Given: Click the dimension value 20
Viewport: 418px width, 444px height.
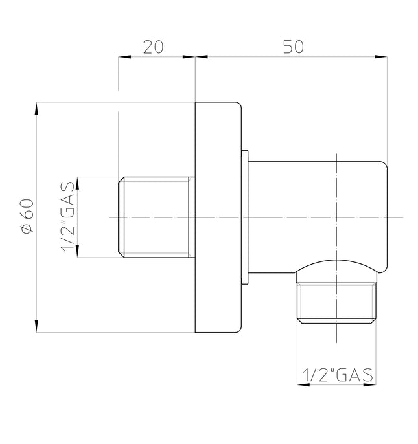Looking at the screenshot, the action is [x=153, y=47].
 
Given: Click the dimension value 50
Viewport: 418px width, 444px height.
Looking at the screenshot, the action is [x=293, y=47].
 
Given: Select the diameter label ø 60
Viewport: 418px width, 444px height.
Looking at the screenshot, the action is [x=27, y=216].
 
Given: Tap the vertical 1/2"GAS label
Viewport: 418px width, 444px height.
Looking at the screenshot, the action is [x=68, y=217].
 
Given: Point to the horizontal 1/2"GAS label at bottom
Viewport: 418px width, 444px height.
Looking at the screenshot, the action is [x=338, y=375].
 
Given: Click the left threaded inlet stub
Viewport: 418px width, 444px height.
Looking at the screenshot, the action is [x=157, y=217].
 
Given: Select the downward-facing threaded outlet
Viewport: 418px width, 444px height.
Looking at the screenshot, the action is [x=336, y=304].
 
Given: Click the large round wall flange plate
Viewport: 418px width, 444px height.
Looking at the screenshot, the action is [x=218, y=217].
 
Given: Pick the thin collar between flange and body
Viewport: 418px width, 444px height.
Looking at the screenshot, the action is [x=245, y=217].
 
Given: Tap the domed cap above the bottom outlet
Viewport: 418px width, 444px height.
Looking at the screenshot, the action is [x=336, y=271].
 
